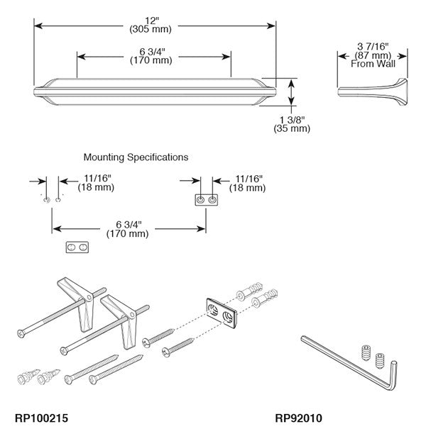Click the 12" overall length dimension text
(x=153, y=21)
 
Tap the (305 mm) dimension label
(x=153, y=30)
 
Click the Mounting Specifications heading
(x=136, y=157)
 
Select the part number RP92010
(x=298, y=418)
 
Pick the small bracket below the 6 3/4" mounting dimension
(x=79, y=249)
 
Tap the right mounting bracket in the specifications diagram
(x=205, y=201)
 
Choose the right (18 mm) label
(x=246, y=188)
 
